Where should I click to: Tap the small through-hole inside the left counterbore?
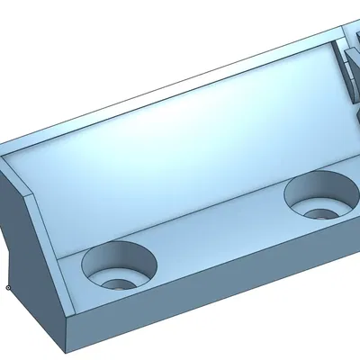coord(116,281)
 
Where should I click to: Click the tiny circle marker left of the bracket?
coord(7,288)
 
